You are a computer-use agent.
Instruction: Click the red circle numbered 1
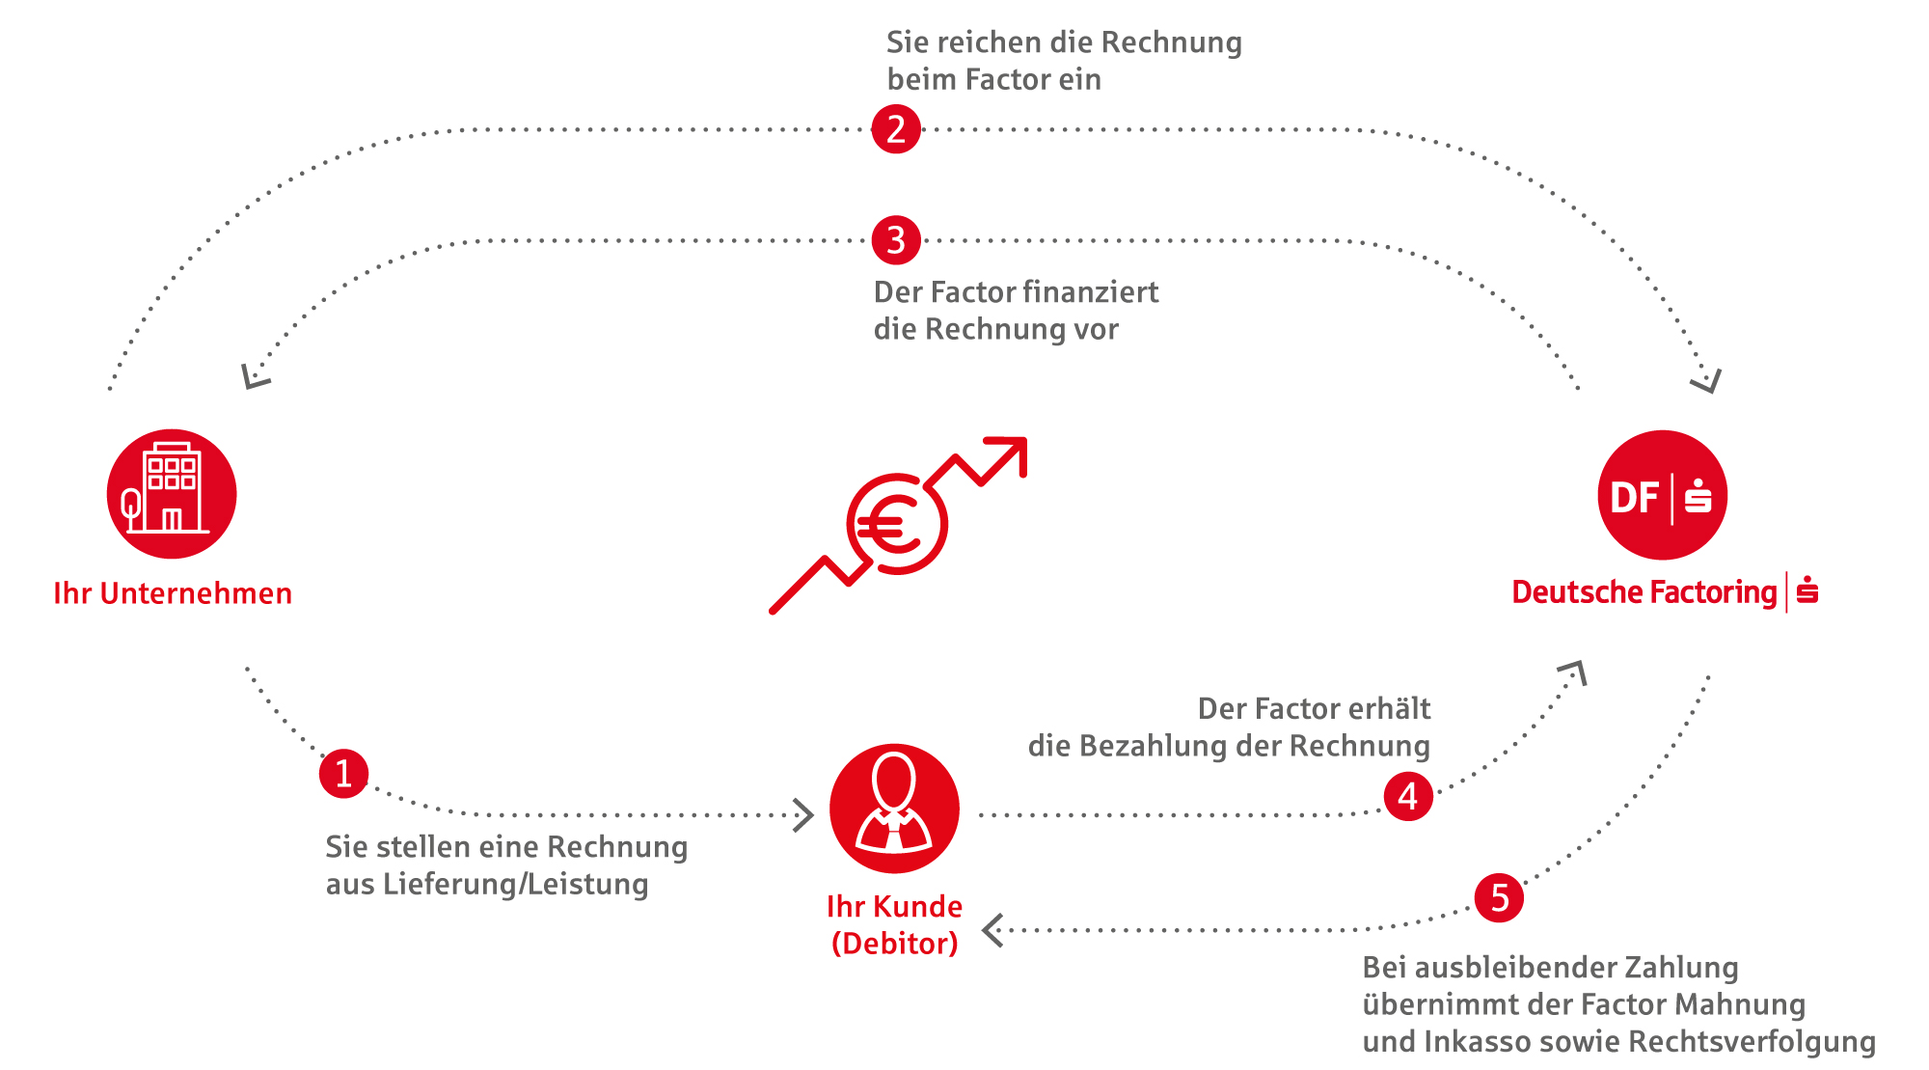coord(343,774)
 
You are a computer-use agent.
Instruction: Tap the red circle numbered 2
coord(896,128)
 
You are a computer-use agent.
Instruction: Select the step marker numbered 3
coord(896,240)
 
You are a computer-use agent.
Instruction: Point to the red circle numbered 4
coord(1408,796)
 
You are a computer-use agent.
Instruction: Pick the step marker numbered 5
coord(1499,897)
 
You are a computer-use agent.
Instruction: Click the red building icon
coord(172,494)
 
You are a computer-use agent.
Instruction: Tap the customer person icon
coord(894,809)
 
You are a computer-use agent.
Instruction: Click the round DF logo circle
coord(1662,495)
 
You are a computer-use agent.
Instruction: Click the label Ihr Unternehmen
coord(173,593)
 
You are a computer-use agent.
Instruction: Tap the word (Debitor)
coord(894,944)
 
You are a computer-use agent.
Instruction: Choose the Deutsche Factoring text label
coord(1644,592)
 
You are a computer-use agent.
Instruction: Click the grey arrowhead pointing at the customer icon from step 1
coord(803,815)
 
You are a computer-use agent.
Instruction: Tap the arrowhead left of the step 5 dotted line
coord(992,930)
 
